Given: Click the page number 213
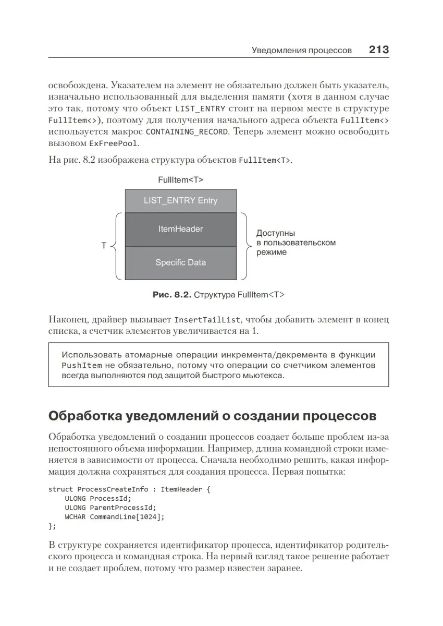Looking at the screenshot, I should pos(378,50).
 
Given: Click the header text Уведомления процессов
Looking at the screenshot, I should pos(301,51).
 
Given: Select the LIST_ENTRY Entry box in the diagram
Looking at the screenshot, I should pos(180,200).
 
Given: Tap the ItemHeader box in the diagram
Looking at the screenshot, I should pos(180,229).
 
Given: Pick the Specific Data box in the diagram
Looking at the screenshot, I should pos(180,262).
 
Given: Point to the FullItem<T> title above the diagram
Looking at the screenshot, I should pos(180,180).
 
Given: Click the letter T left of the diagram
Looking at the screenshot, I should pos(104,246).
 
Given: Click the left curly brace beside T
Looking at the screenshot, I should pos(117,246).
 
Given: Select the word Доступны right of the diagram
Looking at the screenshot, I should pos(276,233).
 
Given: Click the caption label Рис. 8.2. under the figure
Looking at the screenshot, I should pos(171,295).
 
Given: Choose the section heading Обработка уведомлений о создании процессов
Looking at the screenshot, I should pos(212,416).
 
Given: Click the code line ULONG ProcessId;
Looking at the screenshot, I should pos(98,498).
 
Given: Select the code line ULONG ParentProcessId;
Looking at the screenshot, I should pos(110,508).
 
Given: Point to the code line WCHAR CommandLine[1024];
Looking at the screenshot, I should pos(115,517).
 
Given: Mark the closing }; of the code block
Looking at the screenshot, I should pos(52,526).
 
